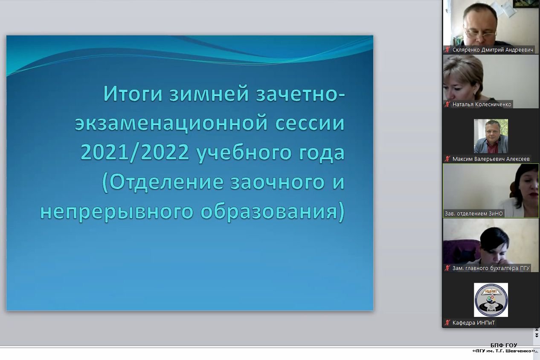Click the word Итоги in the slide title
tap(133, 93)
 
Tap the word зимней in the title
tap(209, 93)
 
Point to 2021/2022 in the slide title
tap(135, 152)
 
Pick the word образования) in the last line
tap(273, 212)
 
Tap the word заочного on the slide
tap(278, 183)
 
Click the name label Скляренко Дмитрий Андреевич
tap(493, 50)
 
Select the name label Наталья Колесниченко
tap(482, 105)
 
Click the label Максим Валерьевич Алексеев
tap(491, 159)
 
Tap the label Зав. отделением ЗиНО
tap(474, 214)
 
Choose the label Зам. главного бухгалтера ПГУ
tap(491, 268)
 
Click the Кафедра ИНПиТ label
tap(473, 322)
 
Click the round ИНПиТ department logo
tap(491, 300)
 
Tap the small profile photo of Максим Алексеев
tap(491, 136)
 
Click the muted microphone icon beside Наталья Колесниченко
tap(447, 105)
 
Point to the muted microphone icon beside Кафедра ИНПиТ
tap(447, 322)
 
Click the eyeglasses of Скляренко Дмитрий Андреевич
tap(480, 34)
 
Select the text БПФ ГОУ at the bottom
tap(504, 345)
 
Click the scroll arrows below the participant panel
tap(537, 333)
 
